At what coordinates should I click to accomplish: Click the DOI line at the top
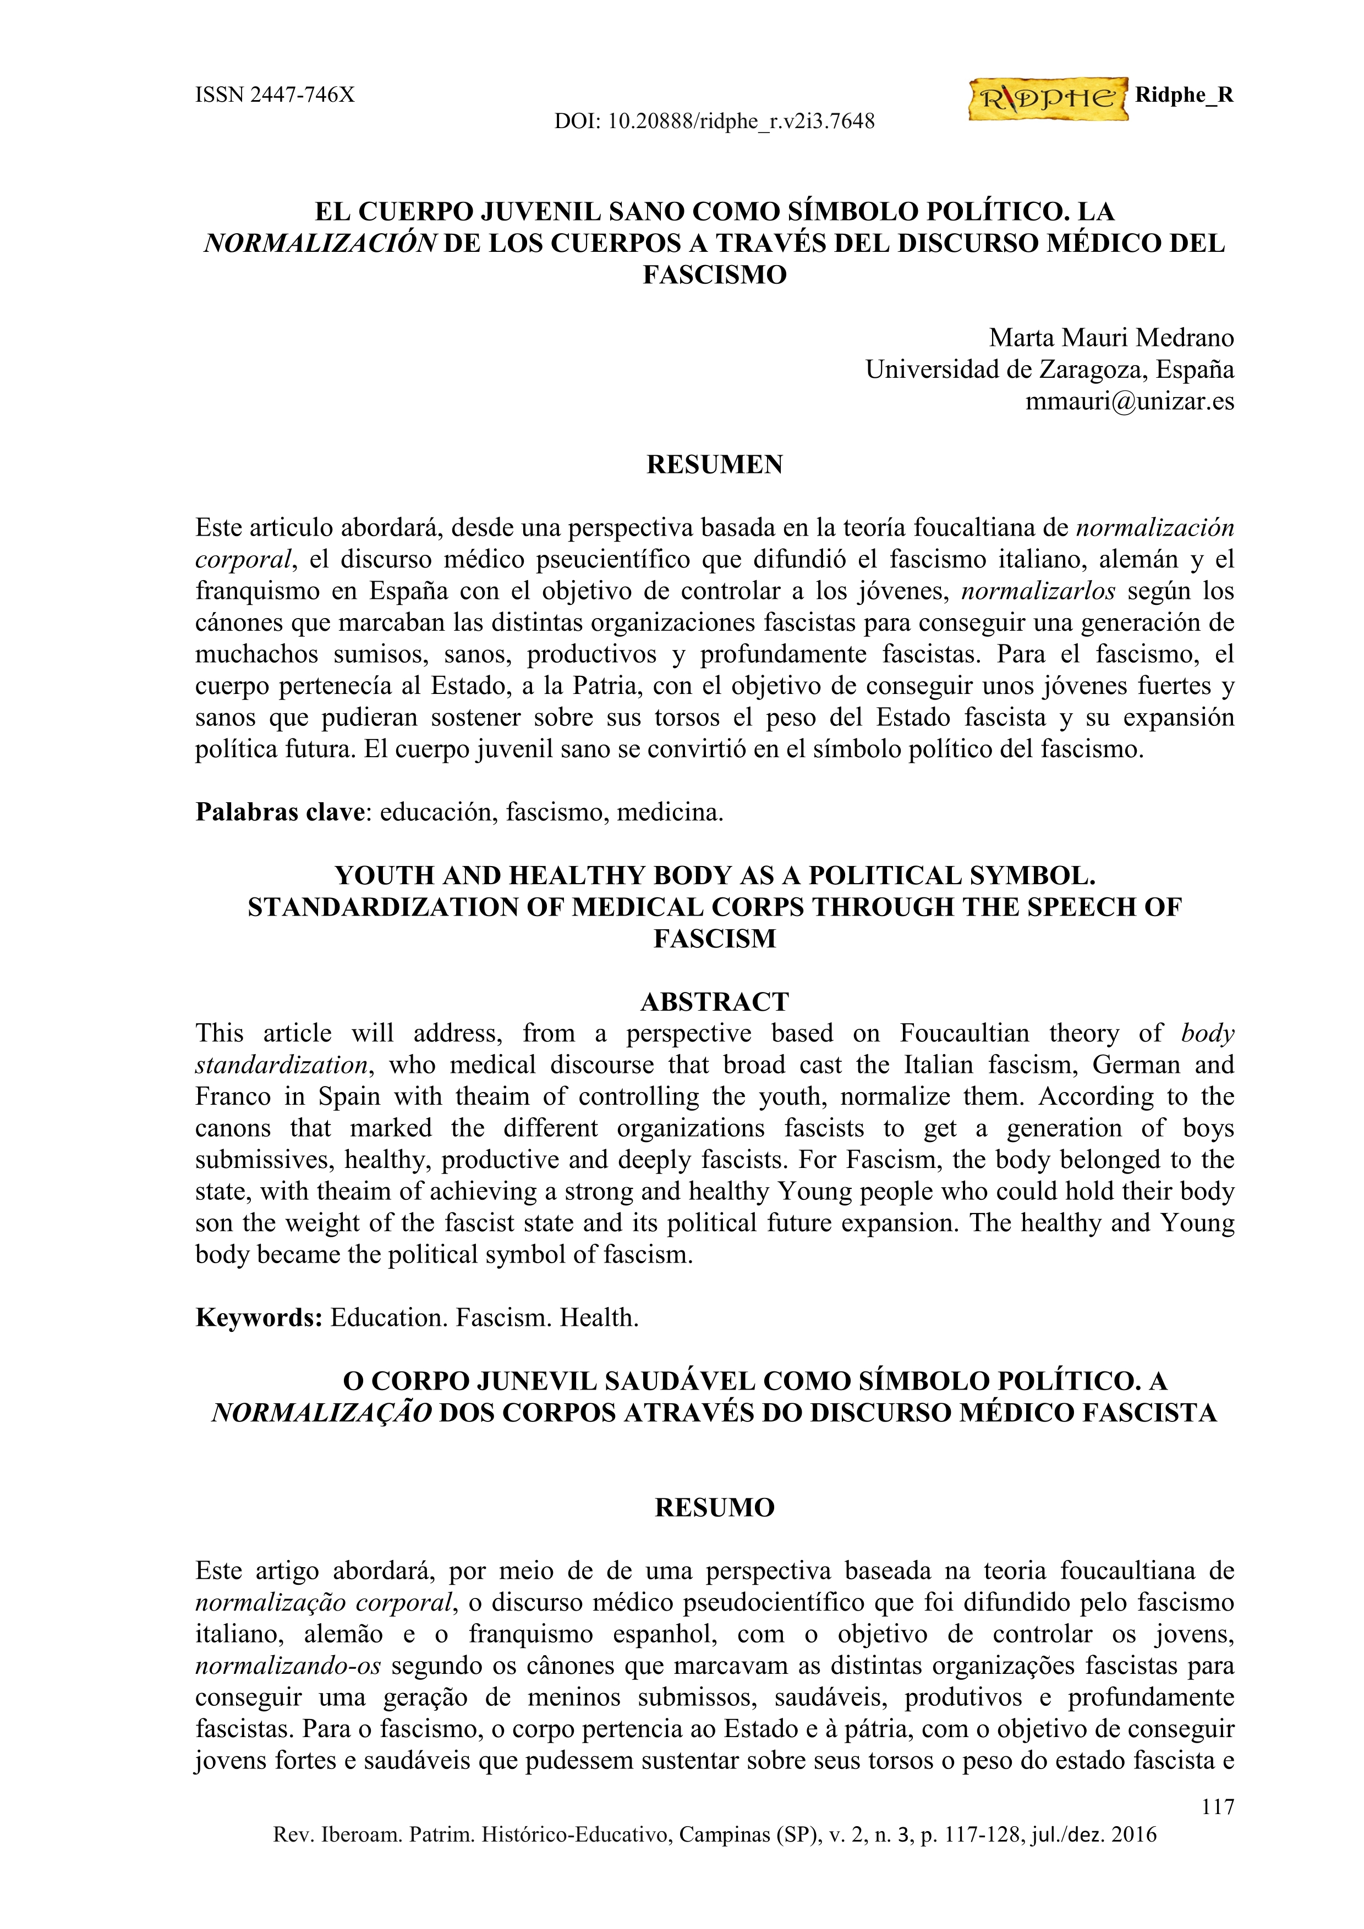click(x=714, y=122)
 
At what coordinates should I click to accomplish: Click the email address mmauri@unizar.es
click(x=1130, y=401)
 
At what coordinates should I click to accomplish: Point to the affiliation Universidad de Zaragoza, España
click(x=1050, y=370)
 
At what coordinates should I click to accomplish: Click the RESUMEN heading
click(x=714, y=465)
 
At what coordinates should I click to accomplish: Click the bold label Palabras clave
click(x=282, y=812)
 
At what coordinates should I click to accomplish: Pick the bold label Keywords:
click(x=259, y=1318)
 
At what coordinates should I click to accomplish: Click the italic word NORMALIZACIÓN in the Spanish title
click(x=320, y=244)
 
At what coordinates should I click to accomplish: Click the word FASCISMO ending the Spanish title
click(x=714, y=275)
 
